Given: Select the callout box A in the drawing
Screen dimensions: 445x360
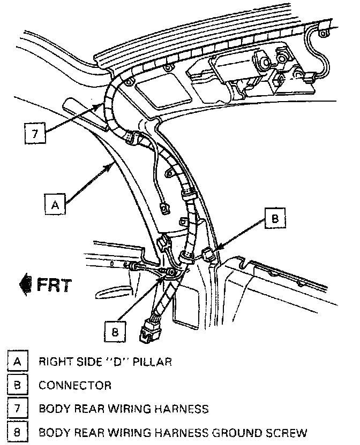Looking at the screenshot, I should [x=54, y=204].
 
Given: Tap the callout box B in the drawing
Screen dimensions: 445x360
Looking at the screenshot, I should [x=275, y=218].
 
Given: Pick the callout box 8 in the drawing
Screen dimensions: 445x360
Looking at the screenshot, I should [x=114, y=331].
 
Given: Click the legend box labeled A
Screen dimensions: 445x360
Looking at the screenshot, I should [x=18, y=362].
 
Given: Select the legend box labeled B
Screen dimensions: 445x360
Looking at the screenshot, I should [x=18, y=385].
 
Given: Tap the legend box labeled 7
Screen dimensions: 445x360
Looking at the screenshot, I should [x=18, y=409].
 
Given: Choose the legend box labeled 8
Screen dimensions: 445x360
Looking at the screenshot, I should [x=18, y=432].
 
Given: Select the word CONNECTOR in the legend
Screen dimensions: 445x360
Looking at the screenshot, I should [x=75, y=386].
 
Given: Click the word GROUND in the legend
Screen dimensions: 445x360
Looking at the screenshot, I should [x=232, y=433].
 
